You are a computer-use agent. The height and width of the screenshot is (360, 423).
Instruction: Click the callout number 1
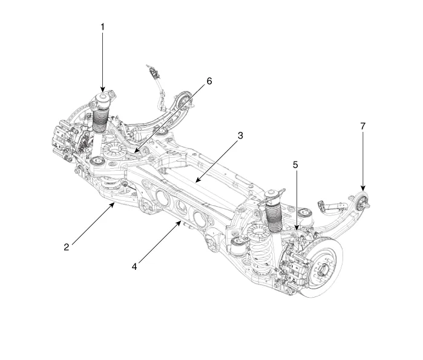coord(102,27)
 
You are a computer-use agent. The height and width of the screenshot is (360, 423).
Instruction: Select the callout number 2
coord(68,246)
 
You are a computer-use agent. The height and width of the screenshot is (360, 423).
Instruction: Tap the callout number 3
coord(240,136)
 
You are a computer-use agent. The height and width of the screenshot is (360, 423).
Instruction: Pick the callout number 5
coord(296,164)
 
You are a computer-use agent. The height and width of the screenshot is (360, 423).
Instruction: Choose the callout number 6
coord(209,80)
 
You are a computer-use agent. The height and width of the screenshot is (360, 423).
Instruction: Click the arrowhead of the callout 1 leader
coord(102,92)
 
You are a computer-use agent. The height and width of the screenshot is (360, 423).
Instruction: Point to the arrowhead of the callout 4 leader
coord(180,222)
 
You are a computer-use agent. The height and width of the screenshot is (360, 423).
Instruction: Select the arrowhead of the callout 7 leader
coord(363,191)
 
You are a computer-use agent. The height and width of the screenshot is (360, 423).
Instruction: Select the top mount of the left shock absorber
coord(104,99)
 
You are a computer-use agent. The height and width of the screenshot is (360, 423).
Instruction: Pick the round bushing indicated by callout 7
coord(364,201)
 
